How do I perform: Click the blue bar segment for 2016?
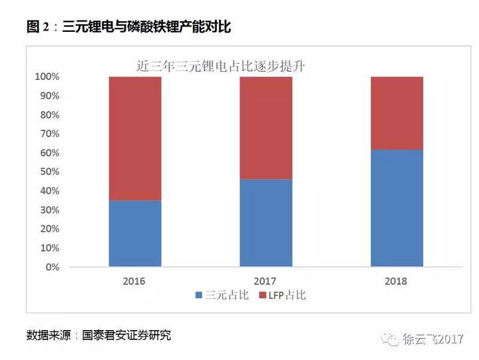(x=134, y=234)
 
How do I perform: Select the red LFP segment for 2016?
(x=134, y=138)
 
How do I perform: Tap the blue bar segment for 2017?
(x=265, y=223)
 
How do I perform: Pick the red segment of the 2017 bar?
(x=265, y=128)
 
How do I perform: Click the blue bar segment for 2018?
(x=397, y=208)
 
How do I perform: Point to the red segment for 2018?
(x=397, y=113)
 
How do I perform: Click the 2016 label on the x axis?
(x=134, y=281)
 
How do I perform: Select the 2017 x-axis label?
(x=265, y=281)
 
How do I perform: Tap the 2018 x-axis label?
(x=397, y=281)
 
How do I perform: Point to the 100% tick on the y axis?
(x=47, y=77)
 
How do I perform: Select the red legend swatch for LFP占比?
(x=262, y=295)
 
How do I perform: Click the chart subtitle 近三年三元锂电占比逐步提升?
(x=220, y=65)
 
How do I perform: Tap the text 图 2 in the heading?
(x=39, y=27)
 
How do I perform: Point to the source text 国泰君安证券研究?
(x=126, y=335)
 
